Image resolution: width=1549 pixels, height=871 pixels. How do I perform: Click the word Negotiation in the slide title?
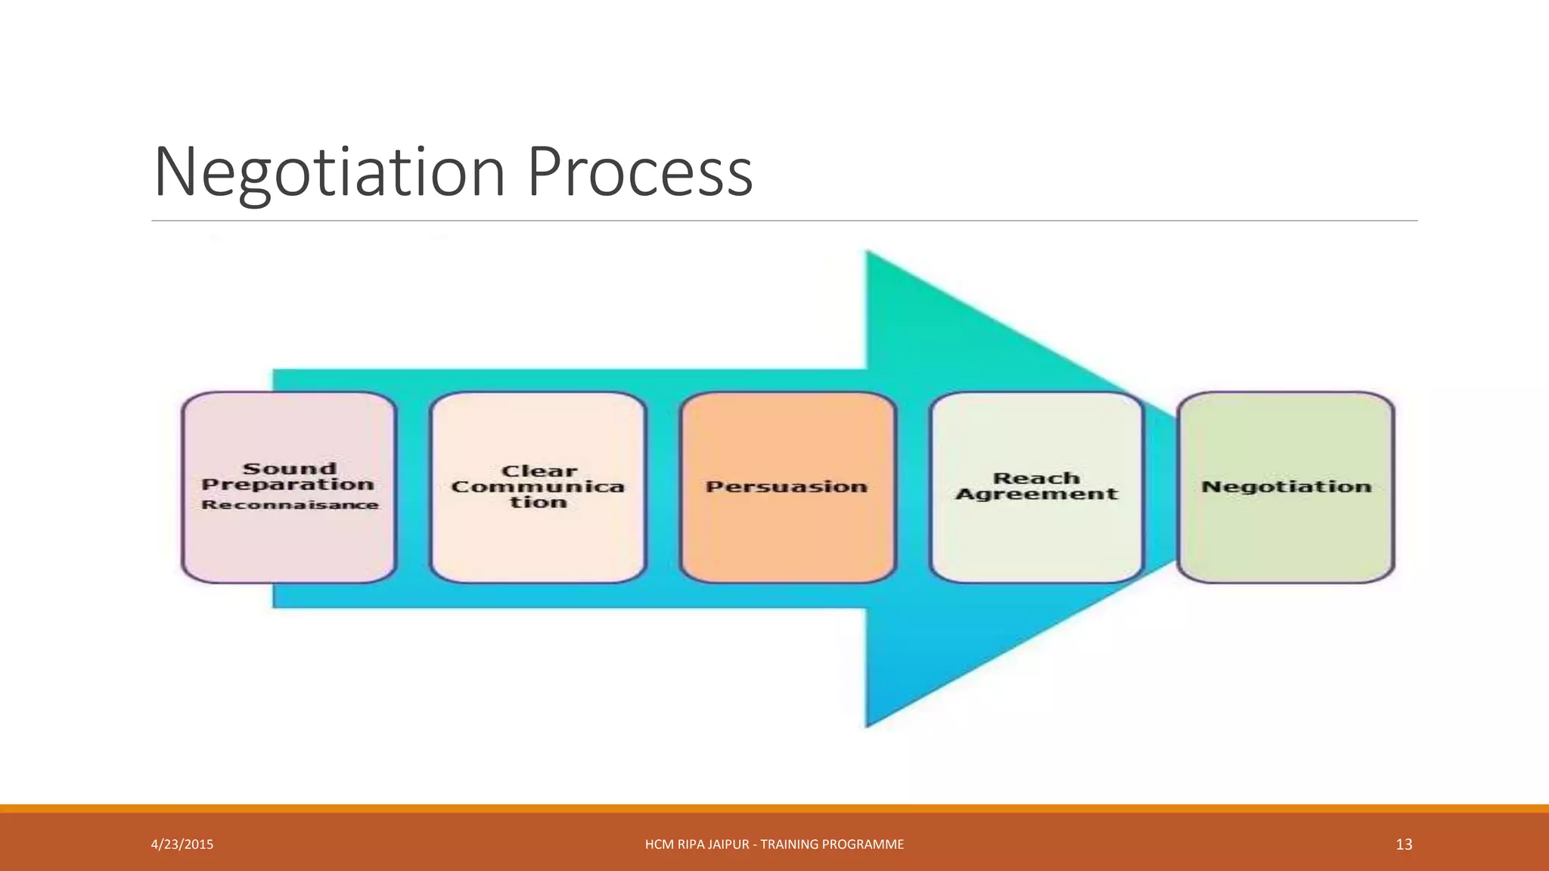(x=330, y=172)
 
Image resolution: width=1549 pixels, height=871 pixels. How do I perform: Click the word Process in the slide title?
(x=640, y=172)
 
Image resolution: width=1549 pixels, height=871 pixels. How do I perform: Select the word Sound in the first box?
(x=289, y=469)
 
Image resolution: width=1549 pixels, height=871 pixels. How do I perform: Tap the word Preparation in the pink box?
(x=288, y=485)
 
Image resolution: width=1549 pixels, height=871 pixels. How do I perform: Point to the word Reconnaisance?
(x=290, y=504)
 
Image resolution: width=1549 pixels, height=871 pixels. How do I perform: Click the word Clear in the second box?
(x=539, y=471)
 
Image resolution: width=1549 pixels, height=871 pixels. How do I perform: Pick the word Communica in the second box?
(x=538, y=487)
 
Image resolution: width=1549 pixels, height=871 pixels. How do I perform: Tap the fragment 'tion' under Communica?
(x=538, y=503)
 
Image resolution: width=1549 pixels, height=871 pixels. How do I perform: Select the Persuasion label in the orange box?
(x=787, y=487)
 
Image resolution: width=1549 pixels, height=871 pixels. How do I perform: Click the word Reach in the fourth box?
(x=1036, y=479)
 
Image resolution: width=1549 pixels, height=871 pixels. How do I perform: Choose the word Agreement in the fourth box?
(x=1036, y=494)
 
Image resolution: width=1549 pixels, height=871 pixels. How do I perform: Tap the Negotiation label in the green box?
(x=1286, y=487)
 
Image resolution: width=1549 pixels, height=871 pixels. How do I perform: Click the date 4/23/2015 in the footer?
(x=182, y=845)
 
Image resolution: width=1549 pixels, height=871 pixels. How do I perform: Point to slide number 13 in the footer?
(x=1404, y=845)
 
